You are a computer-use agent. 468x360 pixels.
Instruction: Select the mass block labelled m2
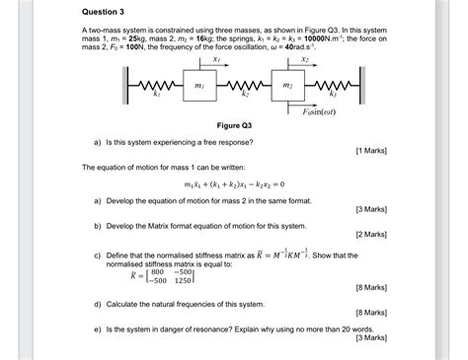pyautogui.click(x=287, y=88)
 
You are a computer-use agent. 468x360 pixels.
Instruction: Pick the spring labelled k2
pyautogui.click(x=244, y=88)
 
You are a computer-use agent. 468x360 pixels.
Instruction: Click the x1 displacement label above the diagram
pyautogui.click(x=215, y=60)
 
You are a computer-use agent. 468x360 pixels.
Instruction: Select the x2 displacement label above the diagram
pyautogui.click(x=305, y=60)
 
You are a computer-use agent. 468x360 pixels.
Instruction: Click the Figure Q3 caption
pyautogui.click(x=233, y=126)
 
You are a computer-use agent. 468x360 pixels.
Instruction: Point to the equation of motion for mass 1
pyautogui.click(x=233, y=184)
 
